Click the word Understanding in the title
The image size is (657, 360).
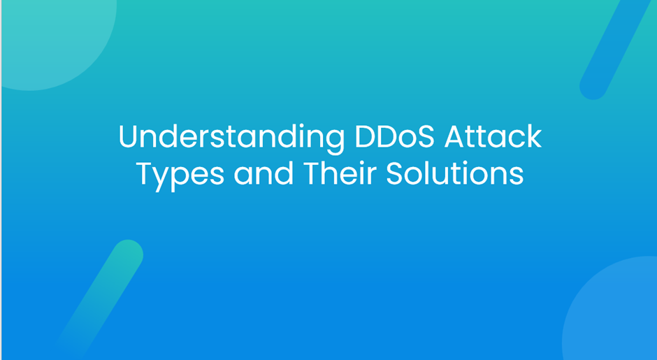click(232, 138)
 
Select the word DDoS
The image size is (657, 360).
click(395, 136)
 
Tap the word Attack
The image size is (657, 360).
click(493, 136)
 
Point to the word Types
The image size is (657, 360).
click(180, 175)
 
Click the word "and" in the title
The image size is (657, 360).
click(263, 174)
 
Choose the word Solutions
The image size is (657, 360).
click(454, 173)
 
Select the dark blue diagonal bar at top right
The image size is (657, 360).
click(613, 48)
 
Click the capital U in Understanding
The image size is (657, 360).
click(129, 137)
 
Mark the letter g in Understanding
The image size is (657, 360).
click(333, 142)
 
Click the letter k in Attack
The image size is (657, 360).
click(534, 136)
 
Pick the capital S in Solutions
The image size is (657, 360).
click(395, 174)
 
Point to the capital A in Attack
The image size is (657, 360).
click(455, 137)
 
